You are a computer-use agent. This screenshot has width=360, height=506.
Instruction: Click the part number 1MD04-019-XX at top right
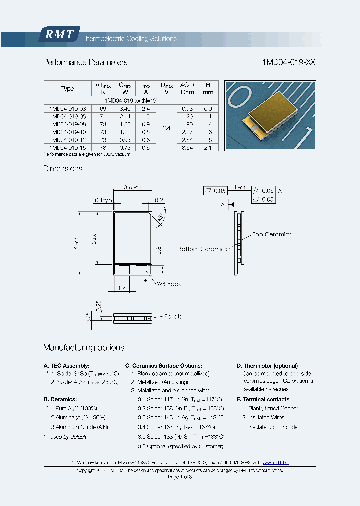coord(288,63)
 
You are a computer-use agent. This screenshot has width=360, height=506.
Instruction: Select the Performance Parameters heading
coord(85,63)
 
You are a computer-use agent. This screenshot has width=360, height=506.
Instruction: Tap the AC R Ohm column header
coord(187,88)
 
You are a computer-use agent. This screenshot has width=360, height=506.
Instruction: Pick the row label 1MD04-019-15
coord(68,148)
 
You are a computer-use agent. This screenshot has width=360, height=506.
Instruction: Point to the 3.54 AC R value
coord(187,148)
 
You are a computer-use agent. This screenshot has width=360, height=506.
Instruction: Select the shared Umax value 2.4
coord(166,128)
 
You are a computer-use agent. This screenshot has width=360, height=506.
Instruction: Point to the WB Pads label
coord(168,284)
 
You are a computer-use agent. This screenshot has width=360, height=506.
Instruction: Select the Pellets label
coord(171,317)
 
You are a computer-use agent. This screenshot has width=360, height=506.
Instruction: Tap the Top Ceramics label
coord(272,234)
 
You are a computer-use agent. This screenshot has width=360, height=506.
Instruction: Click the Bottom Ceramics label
coord(202,249)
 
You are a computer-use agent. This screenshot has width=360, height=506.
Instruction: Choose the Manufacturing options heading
coord(84,348)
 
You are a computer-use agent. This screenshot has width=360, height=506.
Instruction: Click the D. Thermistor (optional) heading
coord(267,366)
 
